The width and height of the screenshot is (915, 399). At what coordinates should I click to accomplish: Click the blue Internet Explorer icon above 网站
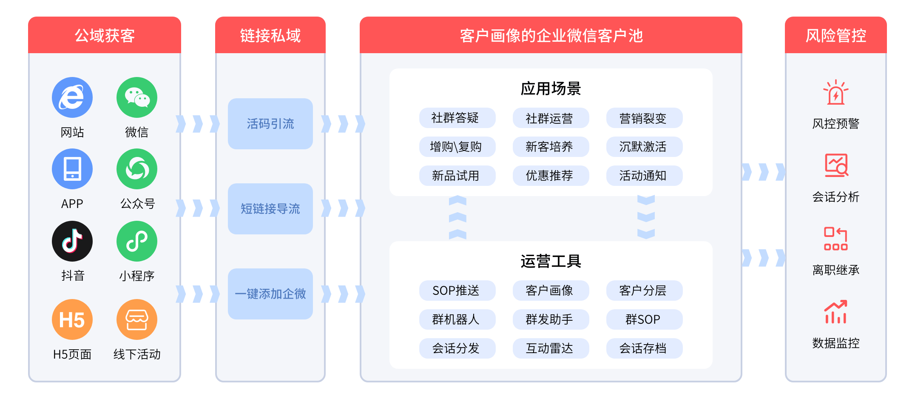pos(72,97)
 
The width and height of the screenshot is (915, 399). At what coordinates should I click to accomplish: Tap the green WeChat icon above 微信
pos(137,97)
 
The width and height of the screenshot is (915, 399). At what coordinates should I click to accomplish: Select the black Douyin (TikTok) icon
pos(72,241)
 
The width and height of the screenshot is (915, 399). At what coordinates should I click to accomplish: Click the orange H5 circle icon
pos(72,319)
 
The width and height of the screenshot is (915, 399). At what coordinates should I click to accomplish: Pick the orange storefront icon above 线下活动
pos(137,319)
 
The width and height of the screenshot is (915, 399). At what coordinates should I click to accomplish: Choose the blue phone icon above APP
pos(72,169)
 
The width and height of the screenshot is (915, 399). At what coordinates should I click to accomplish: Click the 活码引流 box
pos(270,124)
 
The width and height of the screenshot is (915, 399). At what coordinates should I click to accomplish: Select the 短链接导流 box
pos(270,209)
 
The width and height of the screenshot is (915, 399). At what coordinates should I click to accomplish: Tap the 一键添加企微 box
pos(270,294)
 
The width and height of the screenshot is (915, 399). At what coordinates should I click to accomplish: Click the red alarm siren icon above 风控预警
pos(836,92)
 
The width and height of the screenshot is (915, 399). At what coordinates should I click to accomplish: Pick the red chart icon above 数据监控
pos(836,312)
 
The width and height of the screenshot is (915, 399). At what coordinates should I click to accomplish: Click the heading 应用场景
pos(551,88)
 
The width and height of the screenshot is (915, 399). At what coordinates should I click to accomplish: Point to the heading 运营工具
pos(551,261)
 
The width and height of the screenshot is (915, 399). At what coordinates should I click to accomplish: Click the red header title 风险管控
pos(836,35)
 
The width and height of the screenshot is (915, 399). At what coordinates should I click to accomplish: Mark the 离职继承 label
pos(836,270)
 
